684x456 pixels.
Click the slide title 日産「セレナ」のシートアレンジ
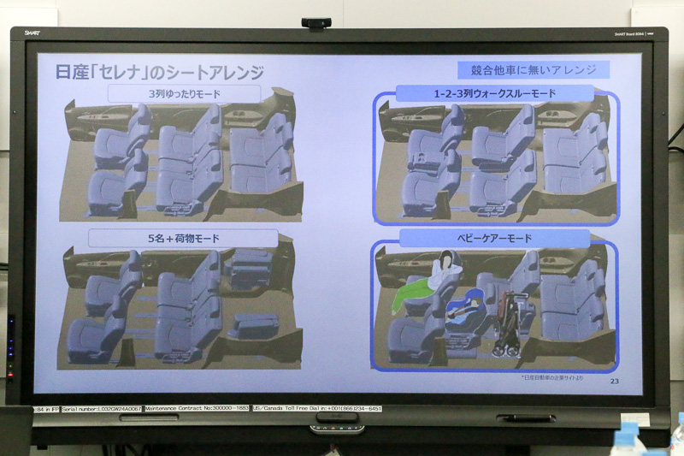tap(159, 72)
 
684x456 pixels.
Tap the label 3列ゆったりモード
tap(184, 93)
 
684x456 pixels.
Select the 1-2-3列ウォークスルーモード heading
tap(495, 93)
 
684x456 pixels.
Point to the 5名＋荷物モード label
tap(183, 238)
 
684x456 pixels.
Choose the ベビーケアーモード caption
tap(494, 238)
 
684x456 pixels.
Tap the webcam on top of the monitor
tap(315, 23)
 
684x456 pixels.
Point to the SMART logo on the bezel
tap(32, 33)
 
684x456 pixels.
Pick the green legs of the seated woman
tap(413, 296)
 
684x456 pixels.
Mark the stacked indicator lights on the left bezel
tap(10, 346)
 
